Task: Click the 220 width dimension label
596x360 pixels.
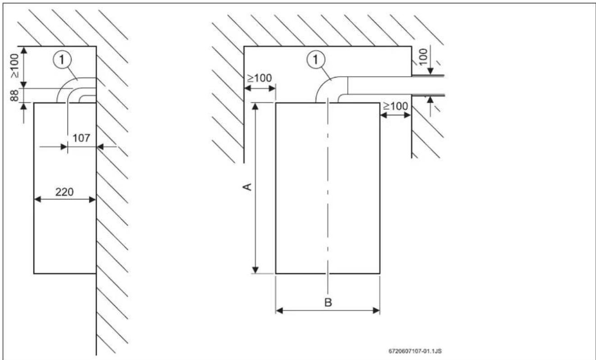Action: [x=64, y=192]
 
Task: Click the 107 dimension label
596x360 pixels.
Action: [x=81, y=138]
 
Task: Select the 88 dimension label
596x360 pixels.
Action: [x=14, y=96]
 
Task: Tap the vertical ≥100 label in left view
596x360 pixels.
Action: [x=14, y=66]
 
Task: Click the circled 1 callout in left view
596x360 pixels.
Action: [x=62, y=60]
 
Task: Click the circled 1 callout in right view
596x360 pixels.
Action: [x=316, y=59]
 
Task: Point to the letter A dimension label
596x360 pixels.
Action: [x=247, y=187]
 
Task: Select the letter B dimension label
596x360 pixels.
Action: [x=328, y=302]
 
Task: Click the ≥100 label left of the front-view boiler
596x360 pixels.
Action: [x=259, y=78]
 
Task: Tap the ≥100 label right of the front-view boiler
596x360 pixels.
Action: [x=396, y=106]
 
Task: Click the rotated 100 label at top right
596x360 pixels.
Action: [x=423, y=57]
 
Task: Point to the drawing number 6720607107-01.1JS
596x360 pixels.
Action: [x=415, y=351]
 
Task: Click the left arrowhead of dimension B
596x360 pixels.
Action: [x=279, y=310]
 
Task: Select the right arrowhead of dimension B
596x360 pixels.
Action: [x=377, y=310]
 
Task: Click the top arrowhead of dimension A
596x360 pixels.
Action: [x=255, y=106]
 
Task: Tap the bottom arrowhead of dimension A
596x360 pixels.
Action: [x=255, y=270]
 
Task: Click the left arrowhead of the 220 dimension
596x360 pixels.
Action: [x=37, y=200]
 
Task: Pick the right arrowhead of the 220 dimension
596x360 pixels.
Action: [x=92, y=200]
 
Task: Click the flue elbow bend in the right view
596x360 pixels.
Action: [x=323, y=83]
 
